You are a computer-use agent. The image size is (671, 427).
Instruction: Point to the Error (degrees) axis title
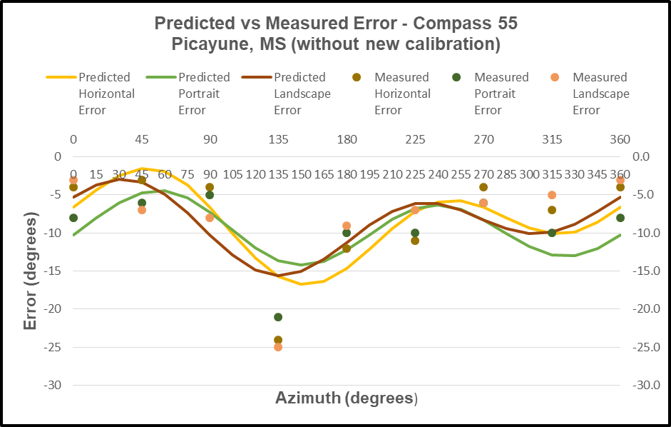[30, 271]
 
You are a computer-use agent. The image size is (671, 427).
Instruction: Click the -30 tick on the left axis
[52, 385]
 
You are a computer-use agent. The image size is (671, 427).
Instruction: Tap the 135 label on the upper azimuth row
[278, 139]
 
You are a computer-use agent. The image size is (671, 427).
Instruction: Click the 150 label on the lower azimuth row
[301, 174]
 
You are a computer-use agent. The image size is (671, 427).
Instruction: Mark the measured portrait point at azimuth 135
[278, 317]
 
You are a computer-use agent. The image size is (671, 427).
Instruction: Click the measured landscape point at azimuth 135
[278, 347]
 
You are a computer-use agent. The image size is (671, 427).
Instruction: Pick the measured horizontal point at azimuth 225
[415, 241]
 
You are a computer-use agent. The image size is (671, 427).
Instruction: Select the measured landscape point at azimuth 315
[552, 195]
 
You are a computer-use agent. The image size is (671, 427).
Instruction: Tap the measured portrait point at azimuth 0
[73, 218]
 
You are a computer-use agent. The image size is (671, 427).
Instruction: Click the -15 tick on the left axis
[52, 271]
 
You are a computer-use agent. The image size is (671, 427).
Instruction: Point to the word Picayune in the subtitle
[208, 44]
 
